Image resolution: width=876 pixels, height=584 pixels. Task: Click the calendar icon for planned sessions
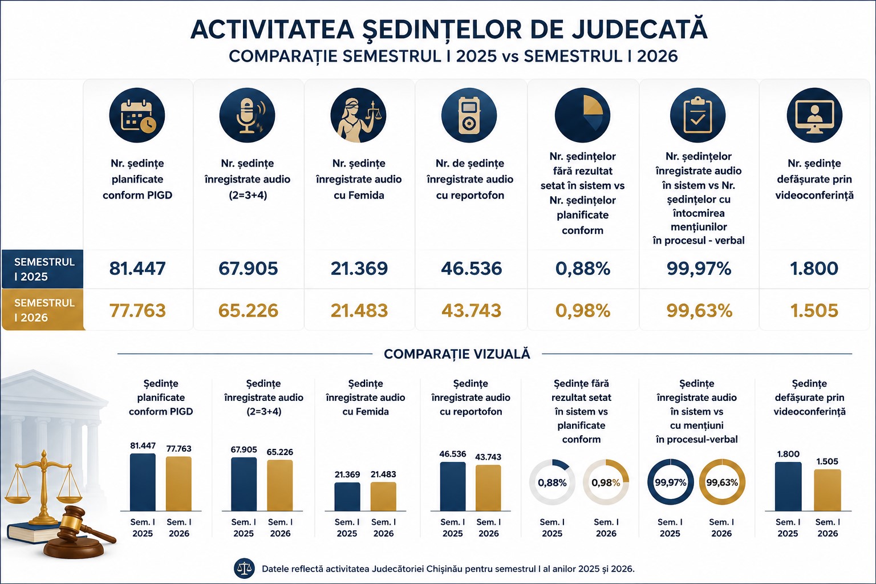point(137,115)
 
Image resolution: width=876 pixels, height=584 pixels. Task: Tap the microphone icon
point(247,115)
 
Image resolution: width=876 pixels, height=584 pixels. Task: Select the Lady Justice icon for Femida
point(358,115)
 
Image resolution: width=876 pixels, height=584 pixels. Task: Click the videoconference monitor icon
point(814,115)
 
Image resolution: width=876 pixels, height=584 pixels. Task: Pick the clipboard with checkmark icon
point(697,115)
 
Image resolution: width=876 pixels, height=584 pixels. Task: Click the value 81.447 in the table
point(137,269)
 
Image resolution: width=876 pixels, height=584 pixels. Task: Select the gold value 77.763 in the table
point(137,311)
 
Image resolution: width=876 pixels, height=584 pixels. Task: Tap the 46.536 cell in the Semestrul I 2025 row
point(471,269)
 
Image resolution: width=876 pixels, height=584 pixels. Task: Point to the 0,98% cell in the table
point(583,311)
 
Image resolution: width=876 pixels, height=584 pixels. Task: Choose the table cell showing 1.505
point(814,311)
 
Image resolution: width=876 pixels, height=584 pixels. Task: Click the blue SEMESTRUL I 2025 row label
point(42,269)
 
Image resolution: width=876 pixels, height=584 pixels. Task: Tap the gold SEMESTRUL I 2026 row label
point(42,310)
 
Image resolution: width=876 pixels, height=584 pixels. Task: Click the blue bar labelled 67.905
point(244,484)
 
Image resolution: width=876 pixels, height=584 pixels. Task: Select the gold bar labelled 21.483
point(383,497)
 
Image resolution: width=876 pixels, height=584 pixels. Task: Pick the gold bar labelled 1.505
point(828,490)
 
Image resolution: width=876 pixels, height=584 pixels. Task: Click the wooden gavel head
point(73,518)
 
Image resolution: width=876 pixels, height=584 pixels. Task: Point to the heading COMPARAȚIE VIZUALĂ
point(457,354)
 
